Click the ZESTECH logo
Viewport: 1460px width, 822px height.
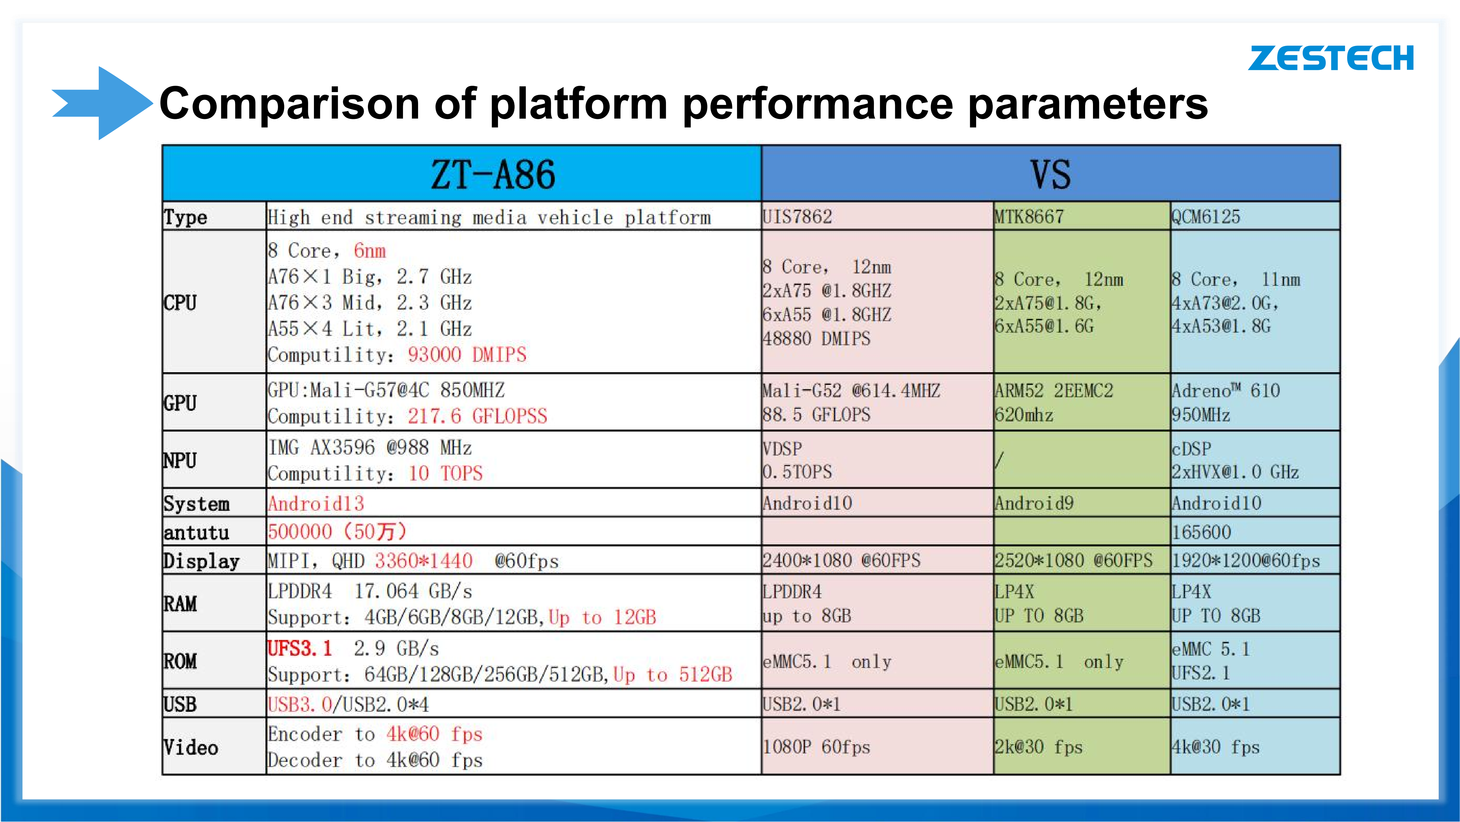1331,58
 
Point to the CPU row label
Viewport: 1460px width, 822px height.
180,303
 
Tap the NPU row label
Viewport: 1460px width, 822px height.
180,460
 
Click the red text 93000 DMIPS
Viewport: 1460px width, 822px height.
467,355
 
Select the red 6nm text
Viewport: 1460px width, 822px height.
369,251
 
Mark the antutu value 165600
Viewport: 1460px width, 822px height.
1202,532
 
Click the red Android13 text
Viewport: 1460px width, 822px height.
316,504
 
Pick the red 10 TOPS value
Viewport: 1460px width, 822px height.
446,473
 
